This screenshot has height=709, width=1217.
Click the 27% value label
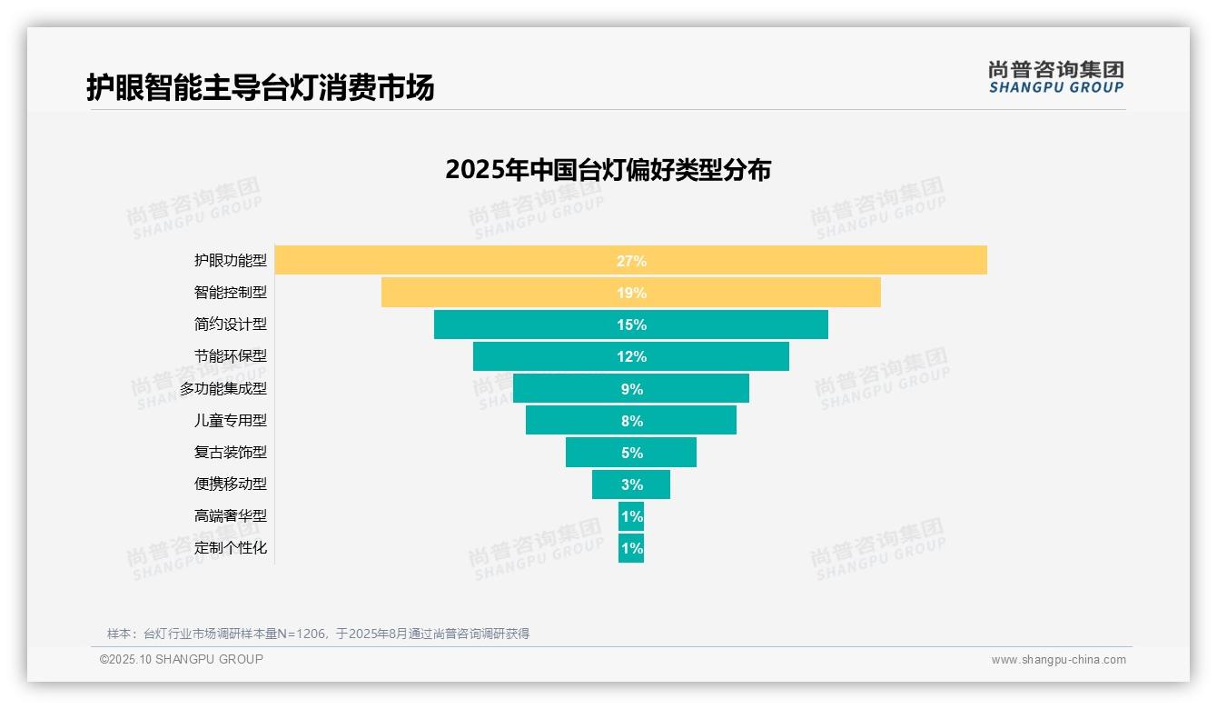coord(631,261)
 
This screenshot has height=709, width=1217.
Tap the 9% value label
coord(631,389)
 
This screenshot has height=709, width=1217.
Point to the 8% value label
coord(631,421)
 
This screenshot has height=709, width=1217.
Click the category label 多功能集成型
coord(223,388)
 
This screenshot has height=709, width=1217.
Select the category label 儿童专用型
coord(231,420)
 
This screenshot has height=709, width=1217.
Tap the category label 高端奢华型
coord(231,515)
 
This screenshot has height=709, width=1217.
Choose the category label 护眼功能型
coord(231,260)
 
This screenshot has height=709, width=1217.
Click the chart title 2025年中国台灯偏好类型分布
coord(608,170)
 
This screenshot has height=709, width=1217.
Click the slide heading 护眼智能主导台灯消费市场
coord(260,87)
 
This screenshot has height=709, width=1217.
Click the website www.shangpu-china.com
coord(1058,660)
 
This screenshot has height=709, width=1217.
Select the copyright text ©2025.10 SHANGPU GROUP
coord(182,659)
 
